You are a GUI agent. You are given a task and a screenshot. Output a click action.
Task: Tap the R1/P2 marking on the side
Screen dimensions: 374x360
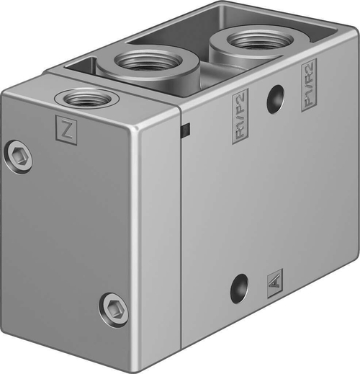pos(240,115)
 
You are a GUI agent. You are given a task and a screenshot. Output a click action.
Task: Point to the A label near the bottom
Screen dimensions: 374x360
pos(274,280)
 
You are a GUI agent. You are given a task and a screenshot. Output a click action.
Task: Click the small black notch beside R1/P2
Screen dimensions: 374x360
pos(185,130)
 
